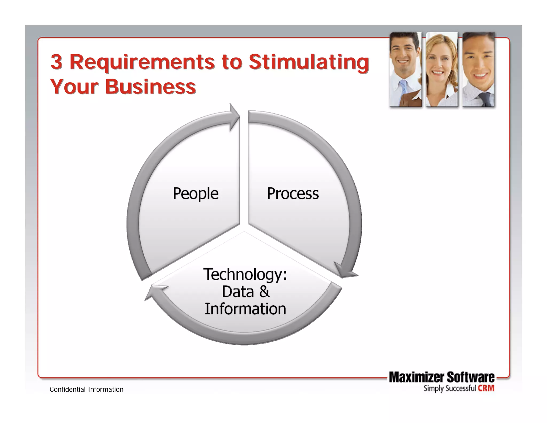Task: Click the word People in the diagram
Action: (196, 194)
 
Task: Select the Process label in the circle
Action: (293, 194)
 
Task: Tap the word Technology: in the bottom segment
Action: (245, 275)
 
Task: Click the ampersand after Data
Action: (264, 291)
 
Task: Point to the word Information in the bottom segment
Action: (245, 309)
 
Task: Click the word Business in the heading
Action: (150, 87)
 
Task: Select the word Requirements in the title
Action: (142, 62)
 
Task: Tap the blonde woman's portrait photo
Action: (441, 70)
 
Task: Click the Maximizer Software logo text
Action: (441, 377)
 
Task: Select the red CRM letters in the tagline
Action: (486, 388)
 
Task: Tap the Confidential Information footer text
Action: (87, 390)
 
